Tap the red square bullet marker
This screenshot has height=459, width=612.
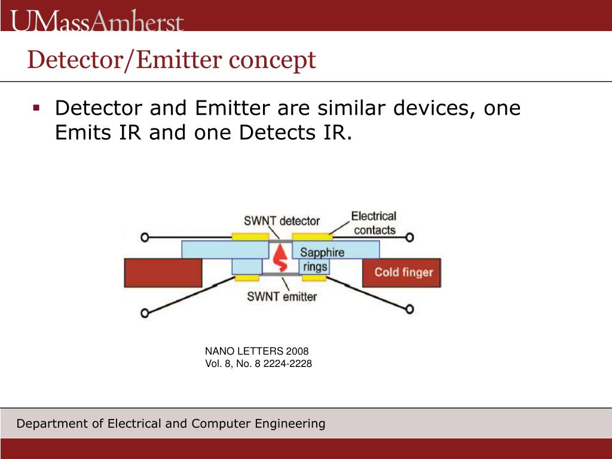pos(36,108)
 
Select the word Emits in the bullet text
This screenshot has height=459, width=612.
pos(82,132)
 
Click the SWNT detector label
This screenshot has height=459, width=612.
pos(281,221)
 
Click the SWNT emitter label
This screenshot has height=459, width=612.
pos(282,296)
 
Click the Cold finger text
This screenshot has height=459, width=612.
pos(403,273)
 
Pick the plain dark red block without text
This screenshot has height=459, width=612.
pos(163,273)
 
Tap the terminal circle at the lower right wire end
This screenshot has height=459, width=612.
pos(409,309)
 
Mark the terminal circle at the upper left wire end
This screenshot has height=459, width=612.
pos(144,237)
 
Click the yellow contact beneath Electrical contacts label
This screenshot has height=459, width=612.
pos(311,237)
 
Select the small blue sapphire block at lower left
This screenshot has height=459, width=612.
pos(247,267)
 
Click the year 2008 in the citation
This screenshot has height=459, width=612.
pos(297,351)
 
